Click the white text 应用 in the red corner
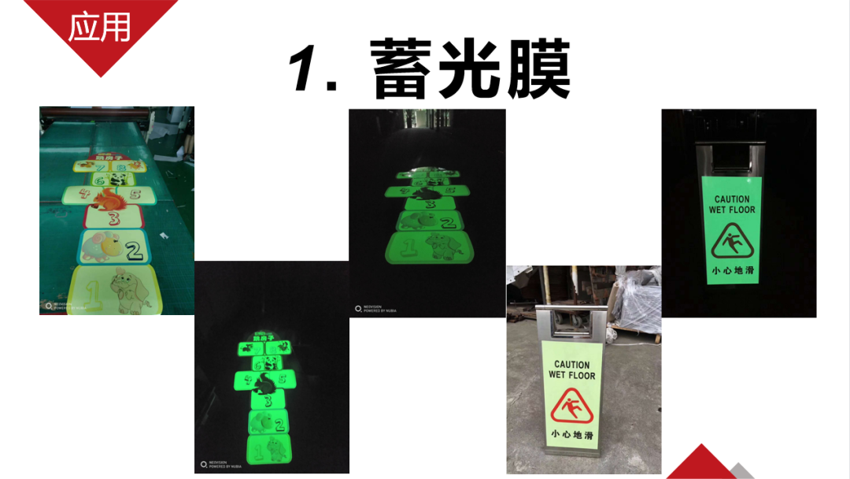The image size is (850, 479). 99,28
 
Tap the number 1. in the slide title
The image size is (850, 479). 314,69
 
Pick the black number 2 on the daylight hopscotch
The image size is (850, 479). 134,251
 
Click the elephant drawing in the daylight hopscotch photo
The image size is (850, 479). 126,288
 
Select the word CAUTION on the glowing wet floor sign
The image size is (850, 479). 732,199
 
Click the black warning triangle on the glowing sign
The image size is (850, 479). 732,242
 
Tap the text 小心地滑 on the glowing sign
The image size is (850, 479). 732,270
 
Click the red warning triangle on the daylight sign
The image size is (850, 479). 571,407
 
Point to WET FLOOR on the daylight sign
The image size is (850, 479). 571,375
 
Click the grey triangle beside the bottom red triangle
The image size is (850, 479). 741,472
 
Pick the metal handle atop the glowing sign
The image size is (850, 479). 730,154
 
